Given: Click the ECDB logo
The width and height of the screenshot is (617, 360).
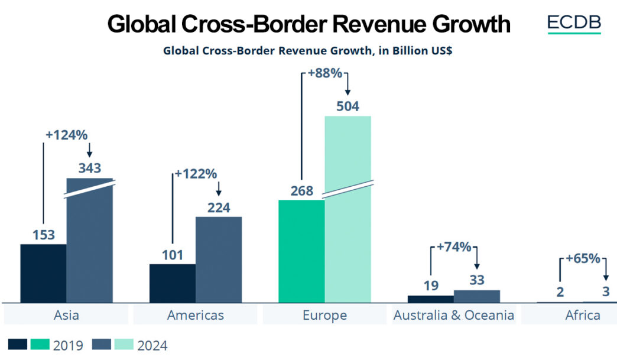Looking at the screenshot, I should pos(574,23).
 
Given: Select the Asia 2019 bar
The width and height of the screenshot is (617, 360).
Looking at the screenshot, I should pos(43,273).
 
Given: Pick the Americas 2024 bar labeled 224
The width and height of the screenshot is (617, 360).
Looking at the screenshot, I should pos(219,260).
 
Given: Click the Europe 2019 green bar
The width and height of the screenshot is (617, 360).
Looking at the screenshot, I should pos(301,251).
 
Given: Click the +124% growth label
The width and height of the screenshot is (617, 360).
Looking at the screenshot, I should pos(66,134).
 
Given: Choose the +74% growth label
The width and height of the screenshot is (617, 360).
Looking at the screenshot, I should pos(454,247).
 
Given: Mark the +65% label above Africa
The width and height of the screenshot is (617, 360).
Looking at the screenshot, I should pos(583,258).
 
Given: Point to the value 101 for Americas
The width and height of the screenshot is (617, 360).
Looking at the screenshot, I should pos(172,255).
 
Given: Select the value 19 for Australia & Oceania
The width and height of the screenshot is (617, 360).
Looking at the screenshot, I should pos(431,286).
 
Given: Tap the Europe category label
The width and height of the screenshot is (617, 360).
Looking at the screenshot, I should pos(324,315).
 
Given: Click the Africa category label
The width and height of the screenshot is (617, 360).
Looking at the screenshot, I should pos(583,315).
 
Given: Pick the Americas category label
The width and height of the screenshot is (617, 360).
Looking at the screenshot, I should pos(196,315).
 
